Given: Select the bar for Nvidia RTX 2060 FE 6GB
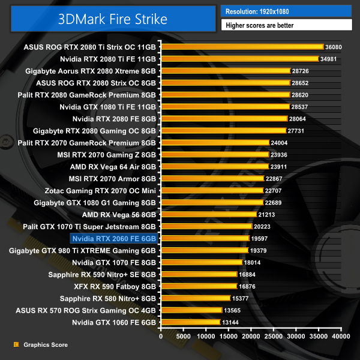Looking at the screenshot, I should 205,238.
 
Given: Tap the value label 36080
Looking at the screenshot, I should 333,47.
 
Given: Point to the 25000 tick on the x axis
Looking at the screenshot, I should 274,337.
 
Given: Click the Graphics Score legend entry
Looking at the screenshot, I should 42,345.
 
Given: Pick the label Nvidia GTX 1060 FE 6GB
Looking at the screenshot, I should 113,322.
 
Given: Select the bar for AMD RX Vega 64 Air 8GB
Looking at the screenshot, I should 215,166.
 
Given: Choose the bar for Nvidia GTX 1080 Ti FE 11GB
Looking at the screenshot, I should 225,106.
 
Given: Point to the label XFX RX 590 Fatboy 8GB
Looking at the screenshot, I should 110,286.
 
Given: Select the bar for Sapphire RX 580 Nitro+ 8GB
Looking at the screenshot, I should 196,298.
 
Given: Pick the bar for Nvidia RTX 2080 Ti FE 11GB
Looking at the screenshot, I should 239,58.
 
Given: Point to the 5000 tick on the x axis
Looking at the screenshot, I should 184,337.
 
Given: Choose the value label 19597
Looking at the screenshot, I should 259,238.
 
